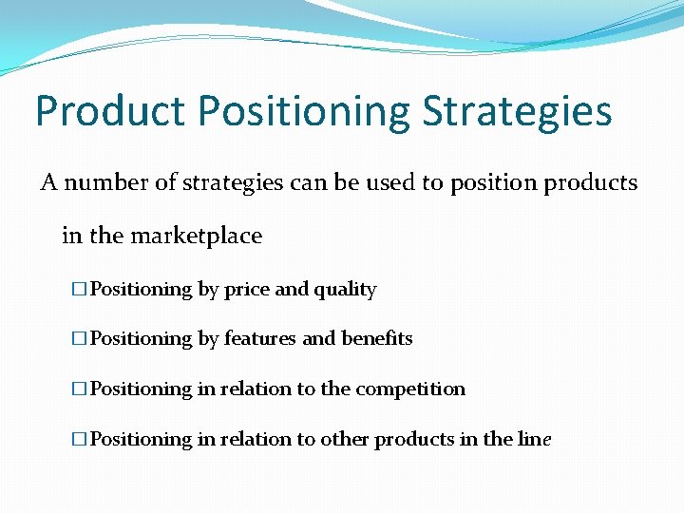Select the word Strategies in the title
tap(518, 111)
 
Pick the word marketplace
tap(196, 235)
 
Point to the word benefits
tap(377, 339)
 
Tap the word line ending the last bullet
tap(535, 440)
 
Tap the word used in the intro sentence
tap(392, 182)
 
